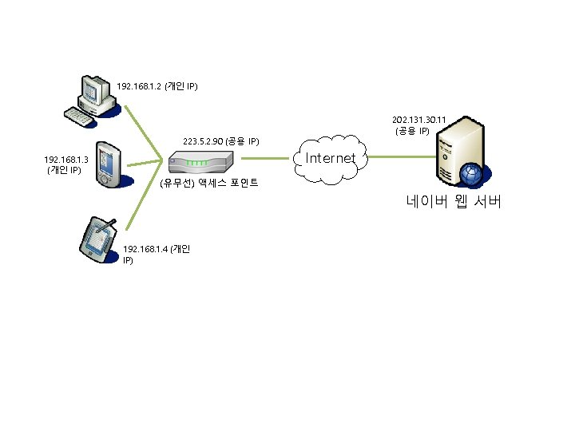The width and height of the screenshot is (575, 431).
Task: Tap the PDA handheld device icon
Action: coord(106,164)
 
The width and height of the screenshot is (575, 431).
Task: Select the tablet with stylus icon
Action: coord(99,239)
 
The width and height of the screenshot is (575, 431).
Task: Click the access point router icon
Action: coord(200,164)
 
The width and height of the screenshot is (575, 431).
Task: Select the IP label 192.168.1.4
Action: coord(145,249)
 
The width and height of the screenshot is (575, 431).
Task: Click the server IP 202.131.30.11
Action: coord(418,119)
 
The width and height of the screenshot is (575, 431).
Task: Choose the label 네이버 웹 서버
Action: coord(453,202)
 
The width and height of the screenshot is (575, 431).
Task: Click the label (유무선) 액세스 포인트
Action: coord(208,184)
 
